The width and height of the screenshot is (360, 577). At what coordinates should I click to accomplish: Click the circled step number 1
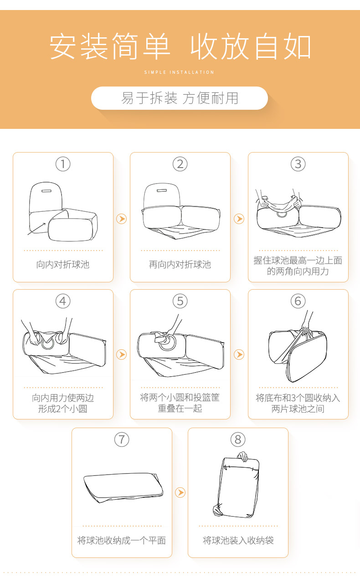[x=63, y=164]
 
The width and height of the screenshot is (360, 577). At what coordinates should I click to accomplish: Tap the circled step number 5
[x=180, y=301]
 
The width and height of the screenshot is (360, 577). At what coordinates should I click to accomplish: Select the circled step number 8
[x=238, y=439]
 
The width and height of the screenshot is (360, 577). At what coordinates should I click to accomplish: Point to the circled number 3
[x=298, y=164]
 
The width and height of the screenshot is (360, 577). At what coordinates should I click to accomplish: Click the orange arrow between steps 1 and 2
[x=121, y=219]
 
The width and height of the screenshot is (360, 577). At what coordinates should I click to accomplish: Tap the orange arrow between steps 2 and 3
[x=239, y=219]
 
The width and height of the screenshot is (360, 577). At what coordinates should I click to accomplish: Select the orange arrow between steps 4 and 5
[x=121, y=354]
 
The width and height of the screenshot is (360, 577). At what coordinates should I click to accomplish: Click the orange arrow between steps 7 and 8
[x=180, y=492]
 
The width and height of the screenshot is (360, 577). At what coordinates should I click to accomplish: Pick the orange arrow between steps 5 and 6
[x=239, y=354]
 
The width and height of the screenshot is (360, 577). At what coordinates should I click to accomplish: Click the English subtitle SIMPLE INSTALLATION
[x=179, y=72]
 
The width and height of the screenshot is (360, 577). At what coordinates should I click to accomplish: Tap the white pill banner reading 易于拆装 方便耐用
[x=180, y=98]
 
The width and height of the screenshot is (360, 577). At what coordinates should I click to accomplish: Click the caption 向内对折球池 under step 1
[x=63, y=265]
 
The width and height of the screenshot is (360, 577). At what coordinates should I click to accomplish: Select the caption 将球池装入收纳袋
[x=238, y=540]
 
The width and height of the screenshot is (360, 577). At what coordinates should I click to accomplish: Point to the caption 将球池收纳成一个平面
[x=122, y=540]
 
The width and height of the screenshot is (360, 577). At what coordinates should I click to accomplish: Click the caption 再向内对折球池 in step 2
[x=180, y=265]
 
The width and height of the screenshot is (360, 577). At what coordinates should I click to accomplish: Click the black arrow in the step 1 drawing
[x=36, y=229]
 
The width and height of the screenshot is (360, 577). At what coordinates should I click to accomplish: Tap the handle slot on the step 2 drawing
[x=162, y=190]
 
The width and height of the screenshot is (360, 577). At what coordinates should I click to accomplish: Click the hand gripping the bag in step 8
[x=242, y=456]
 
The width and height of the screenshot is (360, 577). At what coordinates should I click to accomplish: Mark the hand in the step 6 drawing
[x=306, y=330]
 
